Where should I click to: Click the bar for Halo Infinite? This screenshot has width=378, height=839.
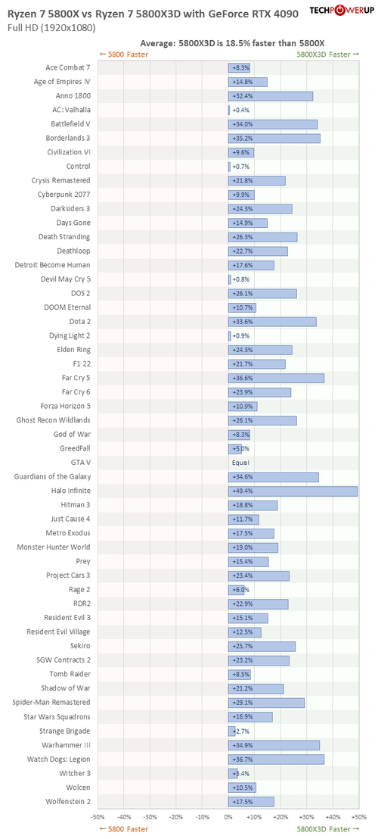(293, 491)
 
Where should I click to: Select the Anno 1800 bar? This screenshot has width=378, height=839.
(271, 96)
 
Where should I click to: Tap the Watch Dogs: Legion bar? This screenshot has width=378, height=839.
(276, 759)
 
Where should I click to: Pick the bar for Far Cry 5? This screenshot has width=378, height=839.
(276, 379)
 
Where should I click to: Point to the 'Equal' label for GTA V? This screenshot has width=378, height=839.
(240, 463)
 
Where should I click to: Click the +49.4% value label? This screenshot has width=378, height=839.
(240, 491)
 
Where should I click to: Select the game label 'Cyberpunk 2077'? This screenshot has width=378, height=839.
(64, 195)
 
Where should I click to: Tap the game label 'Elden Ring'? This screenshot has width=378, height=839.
(73, 349)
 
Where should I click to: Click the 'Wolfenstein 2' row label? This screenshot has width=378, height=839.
(68, 801)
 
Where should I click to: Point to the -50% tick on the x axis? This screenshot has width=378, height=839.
(98, 817)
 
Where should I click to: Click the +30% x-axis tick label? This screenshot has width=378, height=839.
(306, 817)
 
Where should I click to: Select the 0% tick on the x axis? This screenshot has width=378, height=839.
(228, 817)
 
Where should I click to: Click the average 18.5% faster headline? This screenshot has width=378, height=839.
(233, 43)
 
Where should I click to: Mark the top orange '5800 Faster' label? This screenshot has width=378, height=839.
(124, 54)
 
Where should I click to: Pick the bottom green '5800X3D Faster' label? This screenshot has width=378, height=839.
(328, 829)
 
